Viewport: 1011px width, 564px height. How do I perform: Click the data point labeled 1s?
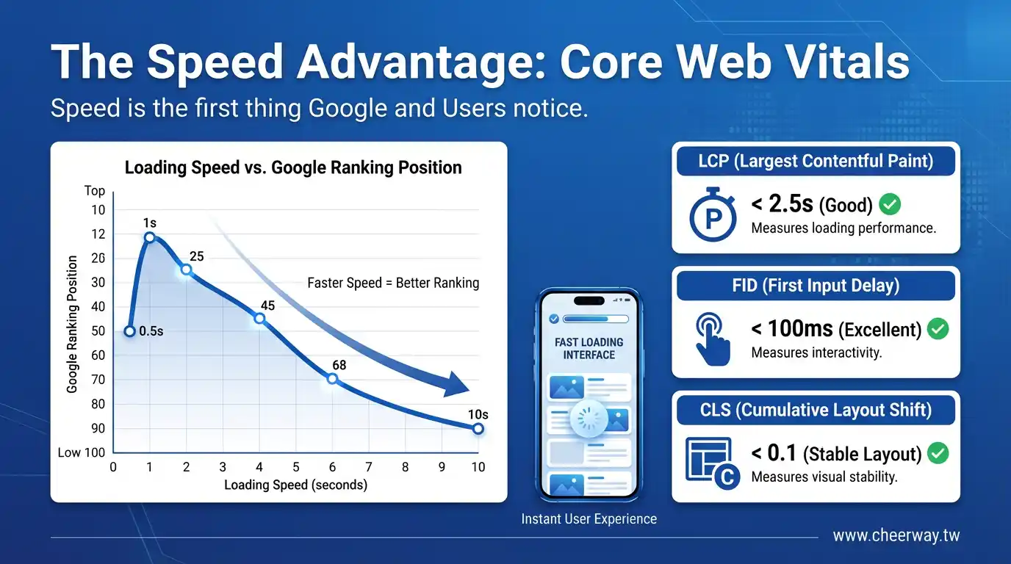[150, 237]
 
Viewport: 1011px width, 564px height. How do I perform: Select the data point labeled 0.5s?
[129, 332]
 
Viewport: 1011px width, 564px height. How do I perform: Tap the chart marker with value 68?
[332, 379]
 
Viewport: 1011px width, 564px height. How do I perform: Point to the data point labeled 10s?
[478, 429]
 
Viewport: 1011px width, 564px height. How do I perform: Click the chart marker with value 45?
[259, 319]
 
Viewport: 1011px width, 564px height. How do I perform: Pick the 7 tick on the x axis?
[369, 467]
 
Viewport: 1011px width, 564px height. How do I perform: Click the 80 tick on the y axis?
[98, 405]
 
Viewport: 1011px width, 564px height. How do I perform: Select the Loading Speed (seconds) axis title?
[295, 485]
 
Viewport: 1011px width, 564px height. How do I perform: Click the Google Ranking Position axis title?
[72, 324]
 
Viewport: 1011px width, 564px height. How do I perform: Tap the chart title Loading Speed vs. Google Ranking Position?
[293, 167]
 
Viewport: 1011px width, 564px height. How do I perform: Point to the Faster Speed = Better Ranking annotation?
[393, 283]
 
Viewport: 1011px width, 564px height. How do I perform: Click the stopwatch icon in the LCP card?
[713, 214]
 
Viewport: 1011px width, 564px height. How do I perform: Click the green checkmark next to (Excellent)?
[938, 329]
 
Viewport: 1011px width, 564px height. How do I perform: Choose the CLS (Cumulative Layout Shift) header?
[816, 410]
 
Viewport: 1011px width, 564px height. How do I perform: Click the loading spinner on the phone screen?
[589, 419]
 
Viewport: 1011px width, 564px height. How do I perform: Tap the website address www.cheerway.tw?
[896, 535]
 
